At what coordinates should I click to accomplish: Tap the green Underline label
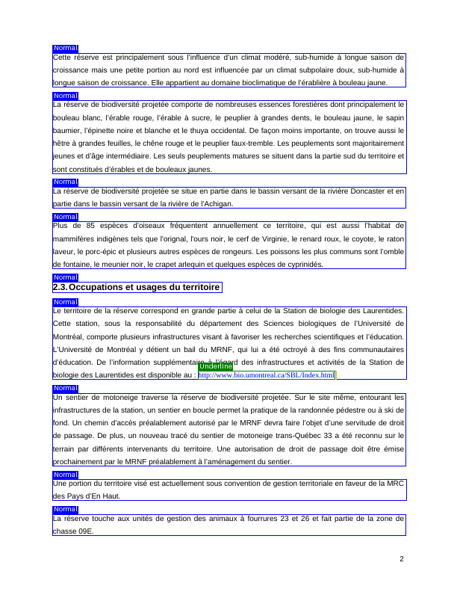tap(216, 366)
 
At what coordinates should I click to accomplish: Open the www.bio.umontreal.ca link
tap(267, 374)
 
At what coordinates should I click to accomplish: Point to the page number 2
tap(402, 559)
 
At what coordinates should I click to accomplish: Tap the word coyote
tap(366, 238)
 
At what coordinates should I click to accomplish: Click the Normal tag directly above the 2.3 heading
tap(66, 277)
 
